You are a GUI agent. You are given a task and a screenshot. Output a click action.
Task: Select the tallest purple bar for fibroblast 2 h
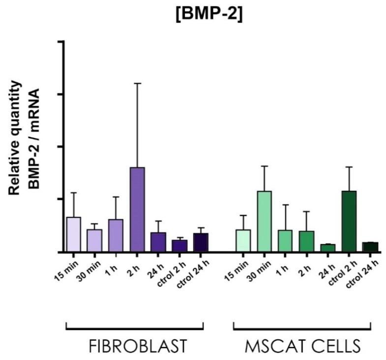[x=137, y=209]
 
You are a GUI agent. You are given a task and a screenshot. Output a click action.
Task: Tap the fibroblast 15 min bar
[x=73, y=234]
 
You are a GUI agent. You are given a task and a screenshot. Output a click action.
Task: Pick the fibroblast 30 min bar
[x=94, y=240]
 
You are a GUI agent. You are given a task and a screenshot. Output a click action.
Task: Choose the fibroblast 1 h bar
[x=116, y=235]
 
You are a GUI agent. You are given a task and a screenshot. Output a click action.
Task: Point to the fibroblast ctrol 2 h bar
[x=179, y=245]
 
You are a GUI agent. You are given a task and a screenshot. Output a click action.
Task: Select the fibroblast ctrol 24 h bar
[x=200, y=242]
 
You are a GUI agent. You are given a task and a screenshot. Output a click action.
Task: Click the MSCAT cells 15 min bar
[x=243, y=240]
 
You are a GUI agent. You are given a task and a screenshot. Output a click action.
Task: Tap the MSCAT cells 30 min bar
[x=264, y=221]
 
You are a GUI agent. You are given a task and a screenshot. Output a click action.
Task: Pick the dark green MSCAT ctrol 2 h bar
[x=349, y=221]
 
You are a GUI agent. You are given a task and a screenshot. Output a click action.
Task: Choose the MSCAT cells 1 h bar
[x=285, y=240]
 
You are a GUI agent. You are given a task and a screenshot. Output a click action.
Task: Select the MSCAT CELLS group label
[x=302, y=346]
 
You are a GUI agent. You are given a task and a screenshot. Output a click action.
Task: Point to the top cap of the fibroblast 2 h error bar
[x=137, y=84]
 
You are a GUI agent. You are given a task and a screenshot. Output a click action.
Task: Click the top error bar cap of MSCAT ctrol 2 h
[x=349, y=167]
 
